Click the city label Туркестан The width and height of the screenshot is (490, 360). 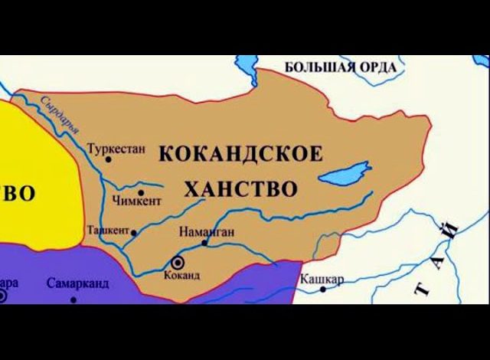click(116, 148)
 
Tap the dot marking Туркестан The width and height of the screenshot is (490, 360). click(109, 159)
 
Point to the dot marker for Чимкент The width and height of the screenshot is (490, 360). click(141, 192)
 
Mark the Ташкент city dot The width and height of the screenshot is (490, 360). click(134, 232)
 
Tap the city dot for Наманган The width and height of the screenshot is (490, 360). click(204, 243)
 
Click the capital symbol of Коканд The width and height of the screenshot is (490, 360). click(178, 261)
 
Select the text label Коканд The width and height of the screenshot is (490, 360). click(181, 275)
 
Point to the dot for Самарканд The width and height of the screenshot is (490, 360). click(73, 299)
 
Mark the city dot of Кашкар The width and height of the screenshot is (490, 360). click(322, 289)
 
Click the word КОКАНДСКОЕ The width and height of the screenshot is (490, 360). click(240, 153)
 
